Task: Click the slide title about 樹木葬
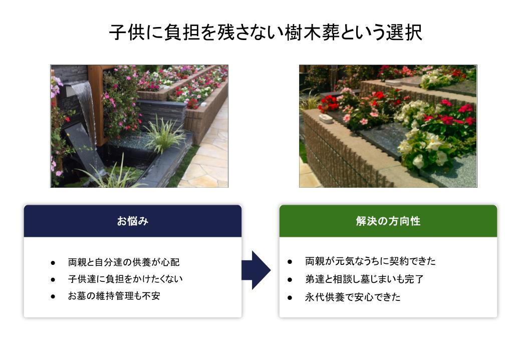(x=266, y=32)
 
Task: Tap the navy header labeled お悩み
(x=133, y=221)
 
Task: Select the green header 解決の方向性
(x=388, y=221)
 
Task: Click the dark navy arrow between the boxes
(x=256, y=270)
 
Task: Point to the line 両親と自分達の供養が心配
(x=124, y=262)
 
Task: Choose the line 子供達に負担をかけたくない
(x=125, y=279)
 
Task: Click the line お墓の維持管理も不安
(x=114, y=296)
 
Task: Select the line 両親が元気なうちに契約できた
(x=370, y=261)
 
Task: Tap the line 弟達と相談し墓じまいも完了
(x=364, y=279)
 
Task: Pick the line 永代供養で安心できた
(x=353, y=297)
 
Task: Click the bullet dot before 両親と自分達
(x=53, y=263)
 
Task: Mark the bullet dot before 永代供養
(x=290, y=297)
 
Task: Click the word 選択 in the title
(x=404, y=32)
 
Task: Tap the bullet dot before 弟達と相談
(x=290, y=280)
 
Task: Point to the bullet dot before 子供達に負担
(x=53, y=279)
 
